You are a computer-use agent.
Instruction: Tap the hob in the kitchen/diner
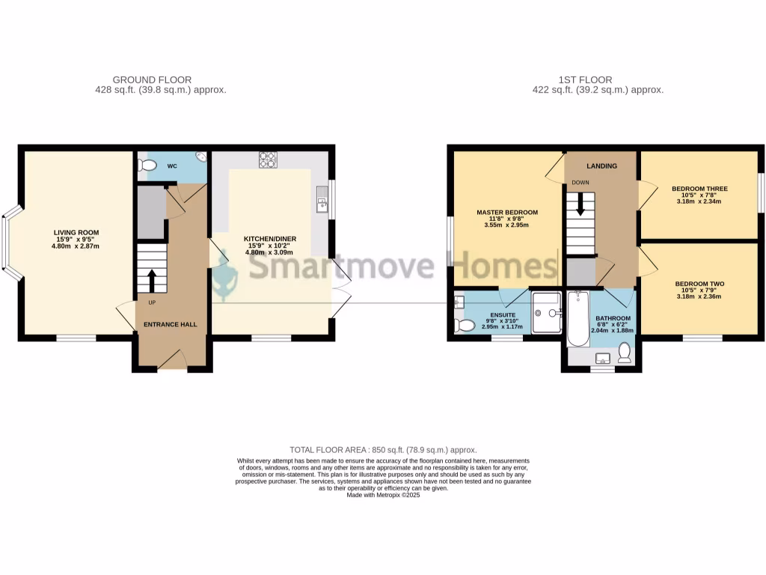point(267,159)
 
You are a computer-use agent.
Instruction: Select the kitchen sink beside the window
point(322,200)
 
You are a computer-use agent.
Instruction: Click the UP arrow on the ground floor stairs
point(152,280)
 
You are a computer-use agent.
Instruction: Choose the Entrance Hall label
point(171,325)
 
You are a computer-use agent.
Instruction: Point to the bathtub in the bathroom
point(579,320)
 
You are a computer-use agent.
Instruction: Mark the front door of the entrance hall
point(171,362)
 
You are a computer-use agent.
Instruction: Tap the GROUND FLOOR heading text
point(152,80)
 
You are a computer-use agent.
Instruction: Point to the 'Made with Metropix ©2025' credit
point(383,495)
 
